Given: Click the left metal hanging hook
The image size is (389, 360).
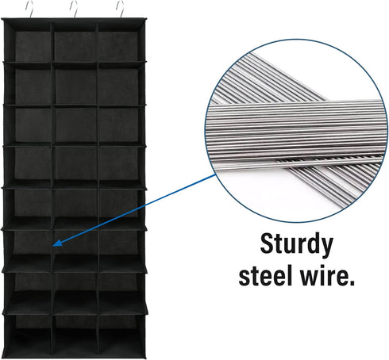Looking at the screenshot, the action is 30,9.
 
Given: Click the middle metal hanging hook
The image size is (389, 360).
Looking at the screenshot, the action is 75,9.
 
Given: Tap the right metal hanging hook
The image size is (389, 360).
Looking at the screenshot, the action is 121,9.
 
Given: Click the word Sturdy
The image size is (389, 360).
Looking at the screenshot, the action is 296,245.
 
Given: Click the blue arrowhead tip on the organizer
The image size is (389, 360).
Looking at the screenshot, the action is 53,246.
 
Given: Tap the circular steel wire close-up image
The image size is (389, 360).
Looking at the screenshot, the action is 294,131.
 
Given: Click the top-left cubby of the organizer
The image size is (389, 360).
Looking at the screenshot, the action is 29,42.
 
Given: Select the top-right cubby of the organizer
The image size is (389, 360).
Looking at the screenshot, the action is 121,42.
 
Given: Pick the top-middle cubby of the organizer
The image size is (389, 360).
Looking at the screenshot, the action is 75,42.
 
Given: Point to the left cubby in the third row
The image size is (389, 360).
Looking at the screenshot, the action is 29,125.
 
